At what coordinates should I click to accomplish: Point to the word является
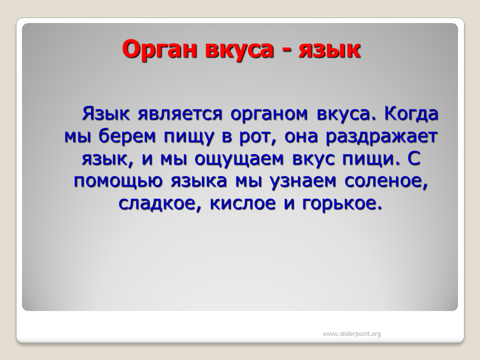pos(180,114)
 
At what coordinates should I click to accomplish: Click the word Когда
pos(411,114)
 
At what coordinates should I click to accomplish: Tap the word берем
pos(126,136)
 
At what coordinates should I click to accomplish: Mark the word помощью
pos(118,181)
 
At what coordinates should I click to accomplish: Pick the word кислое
pos(243,203)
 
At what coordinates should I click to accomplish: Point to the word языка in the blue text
pos(198,181)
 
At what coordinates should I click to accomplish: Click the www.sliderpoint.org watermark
pos(351,334)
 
